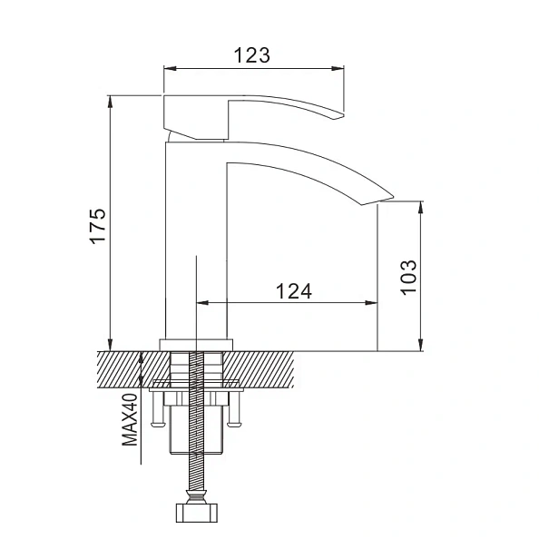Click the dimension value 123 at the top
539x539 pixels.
click(x=251, y=54)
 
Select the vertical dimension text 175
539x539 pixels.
click(x=99, y=224)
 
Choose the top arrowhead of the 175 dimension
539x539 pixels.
click(x=110, y=99)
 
